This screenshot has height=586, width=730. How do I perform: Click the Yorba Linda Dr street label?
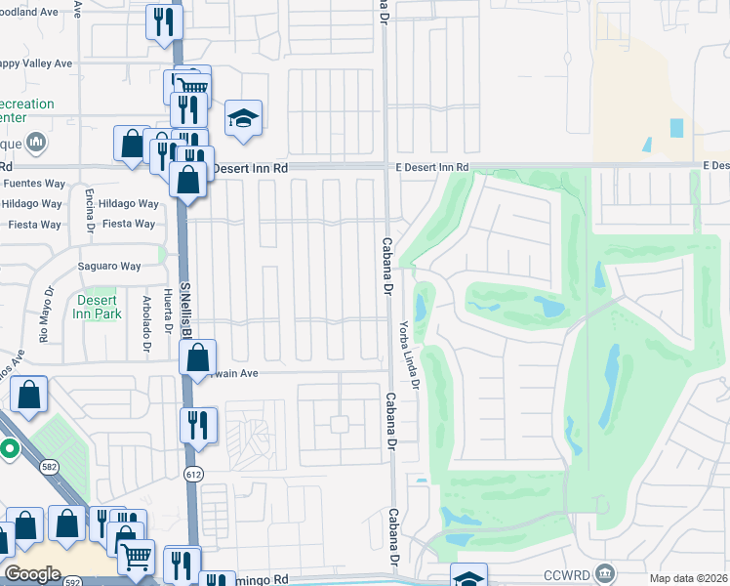[407, 355]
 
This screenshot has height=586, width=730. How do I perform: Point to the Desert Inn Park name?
[97, 307]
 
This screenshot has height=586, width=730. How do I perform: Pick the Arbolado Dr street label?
[145, 323]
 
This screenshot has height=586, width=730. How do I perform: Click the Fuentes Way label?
[33, 183]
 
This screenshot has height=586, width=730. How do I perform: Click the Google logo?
[31, 574]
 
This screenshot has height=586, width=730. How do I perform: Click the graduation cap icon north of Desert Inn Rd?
[243, 119]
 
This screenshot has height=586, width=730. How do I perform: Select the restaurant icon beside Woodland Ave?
[163, 21]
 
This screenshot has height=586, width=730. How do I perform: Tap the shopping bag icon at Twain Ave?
[198, 357]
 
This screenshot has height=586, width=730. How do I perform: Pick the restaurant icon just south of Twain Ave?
[198, 425]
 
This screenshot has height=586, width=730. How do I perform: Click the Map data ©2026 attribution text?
[689, 578]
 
